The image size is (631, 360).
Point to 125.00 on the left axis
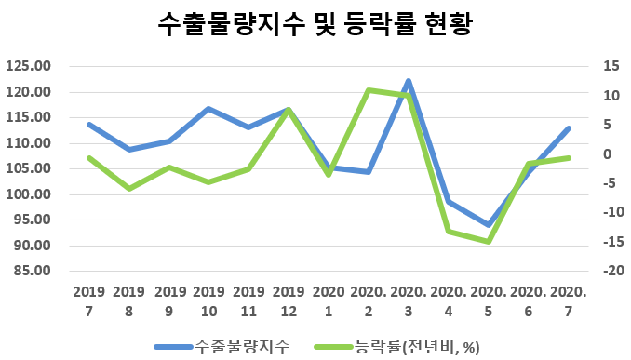point(27,66)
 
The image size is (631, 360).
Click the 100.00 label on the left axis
point(27,194)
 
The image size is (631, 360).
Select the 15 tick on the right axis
point(585,66)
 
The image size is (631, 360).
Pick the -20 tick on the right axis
point(584,272)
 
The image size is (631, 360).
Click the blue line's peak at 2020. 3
point(409,81)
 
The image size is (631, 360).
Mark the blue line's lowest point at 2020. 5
point(489,225)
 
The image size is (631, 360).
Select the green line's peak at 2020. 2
point(369,90)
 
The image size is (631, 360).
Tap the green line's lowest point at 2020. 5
point(489,242)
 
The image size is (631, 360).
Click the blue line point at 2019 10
point(208,109)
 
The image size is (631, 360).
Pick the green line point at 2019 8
point(128,189)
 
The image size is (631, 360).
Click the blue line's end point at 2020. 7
point(569,128)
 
